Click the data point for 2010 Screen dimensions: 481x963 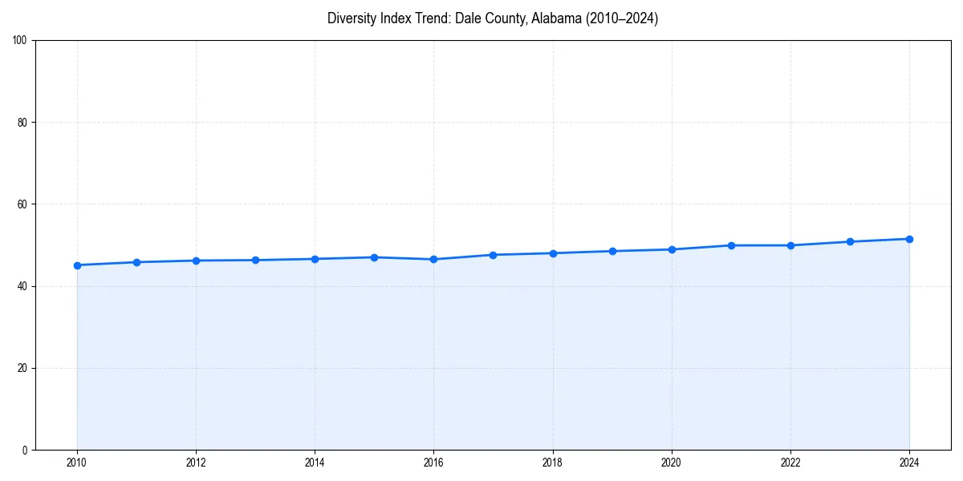[x=77, y=265]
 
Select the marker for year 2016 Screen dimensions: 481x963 [x=433, y=259]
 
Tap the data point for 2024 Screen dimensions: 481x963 [x=909, y=239]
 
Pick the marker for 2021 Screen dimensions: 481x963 [x=731, y=245]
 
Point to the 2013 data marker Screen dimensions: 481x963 [x=255, y=260]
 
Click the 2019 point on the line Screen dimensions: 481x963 [x=612, y=251]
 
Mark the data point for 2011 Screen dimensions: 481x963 [x=136, y=262]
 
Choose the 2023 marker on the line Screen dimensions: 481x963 [x=850, y=241]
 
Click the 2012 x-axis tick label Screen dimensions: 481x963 [x=196, y=463]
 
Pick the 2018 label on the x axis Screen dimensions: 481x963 [x=552, y=463]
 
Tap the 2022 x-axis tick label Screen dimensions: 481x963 [x=790, y=463]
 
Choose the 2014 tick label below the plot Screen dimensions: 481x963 [x=315, y=463]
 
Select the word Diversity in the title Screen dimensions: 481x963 [x=349, y=18]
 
